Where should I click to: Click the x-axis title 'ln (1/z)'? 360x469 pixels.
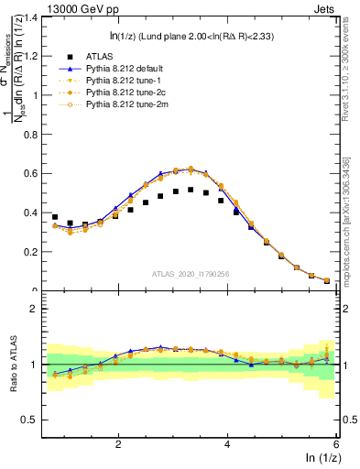(317, 458)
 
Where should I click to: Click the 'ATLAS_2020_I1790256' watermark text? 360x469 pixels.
(191, 274)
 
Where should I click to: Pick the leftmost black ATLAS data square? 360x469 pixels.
(55, 217)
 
